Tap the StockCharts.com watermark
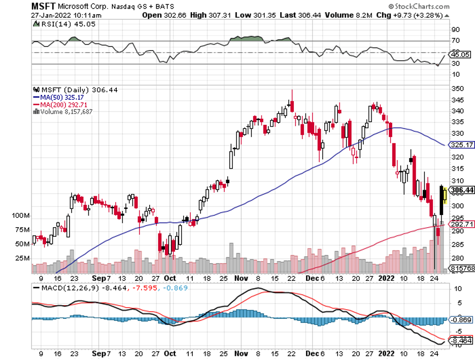tap(417, 7)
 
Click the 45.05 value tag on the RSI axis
tap(461, 54)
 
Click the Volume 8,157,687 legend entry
tap(64, 111)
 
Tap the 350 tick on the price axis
tap(456, 89)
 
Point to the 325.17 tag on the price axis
tap(461, 145)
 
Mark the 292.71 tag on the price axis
tap(461, 224)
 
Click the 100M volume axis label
tap(22, 216)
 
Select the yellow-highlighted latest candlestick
tap(445, 195)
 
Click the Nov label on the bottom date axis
tap(241, 278)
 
